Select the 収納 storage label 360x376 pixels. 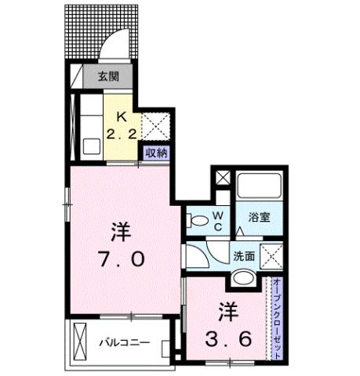pyautogui.click(x=155, y=153)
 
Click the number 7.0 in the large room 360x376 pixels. pyautogui.click(x=121, y=259)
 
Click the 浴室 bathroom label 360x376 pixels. pyautogui.click(x=258, y=217)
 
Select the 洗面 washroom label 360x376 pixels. pyautogui.click(x=242, y=255)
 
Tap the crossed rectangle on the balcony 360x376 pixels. pyautogui.click(x=82, y=342)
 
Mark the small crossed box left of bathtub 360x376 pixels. pyautogui.click(x=224, y=178)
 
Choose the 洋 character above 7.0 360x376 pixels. pyautogui.click(x=120, y=231)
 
